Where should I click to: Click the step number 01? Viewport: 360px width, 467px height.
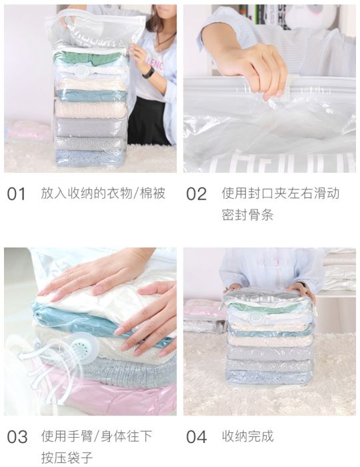tap(17, 194)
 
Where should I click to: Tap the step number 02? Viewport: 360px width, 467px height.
tap(196, 194)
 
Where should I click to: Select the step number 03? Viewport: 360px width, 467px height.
tap(17, 437)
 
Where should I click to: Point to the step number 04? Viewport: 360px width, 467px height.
tap(197, 437)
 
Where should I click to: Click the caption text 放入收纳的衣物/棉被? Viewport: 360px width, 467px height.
tap(103, 193)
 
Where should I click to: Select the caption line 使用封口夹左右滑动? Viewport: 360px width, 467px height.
tap(280, 193)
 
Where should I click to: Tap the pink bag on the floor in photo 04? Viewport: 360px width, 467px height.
tap(203, 309)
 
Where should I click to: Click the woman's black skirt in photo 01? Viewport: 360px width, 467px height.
tap(150, 120)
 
